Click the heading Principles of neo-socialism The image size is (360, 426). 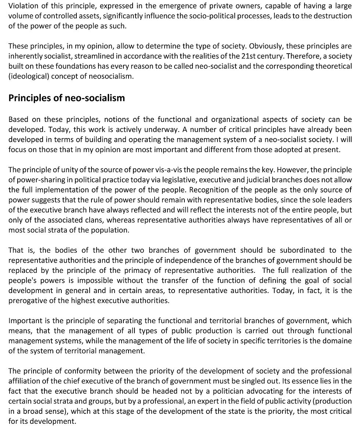66,98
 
